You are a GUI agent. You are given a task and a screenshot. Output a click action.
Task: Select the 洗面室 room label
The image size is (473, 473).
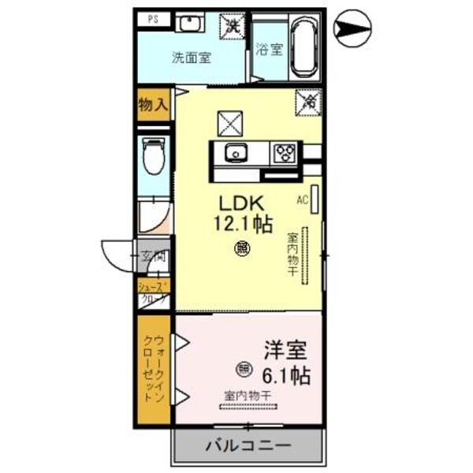coord(191,57)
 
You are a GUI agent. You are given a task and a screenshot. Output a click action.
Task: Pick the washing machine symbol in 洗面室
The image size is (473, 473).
coord(233,26)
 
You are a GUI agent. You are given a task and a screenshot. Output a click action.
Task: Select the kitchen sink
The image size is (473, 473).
coord(234,153)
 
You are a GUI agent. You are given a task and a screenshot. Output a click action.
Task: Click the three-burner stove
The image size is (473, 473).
coord(283,153)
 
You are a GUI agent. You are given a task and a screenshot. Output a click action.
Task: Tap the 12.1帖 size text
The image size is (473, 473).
coord(244,223)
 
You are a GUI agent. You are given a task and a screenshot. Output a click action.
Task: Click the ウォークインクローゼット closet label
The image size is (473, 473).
coord(152,369)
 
